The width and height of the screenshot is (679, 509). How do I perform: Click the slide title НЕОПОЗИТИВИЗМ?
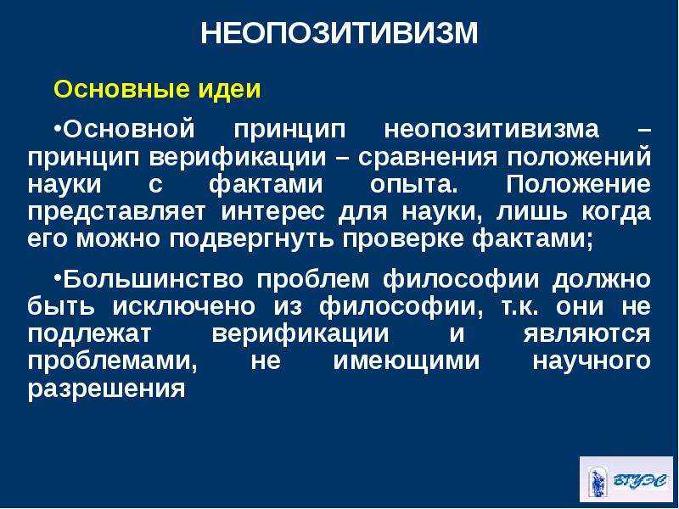339,34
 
